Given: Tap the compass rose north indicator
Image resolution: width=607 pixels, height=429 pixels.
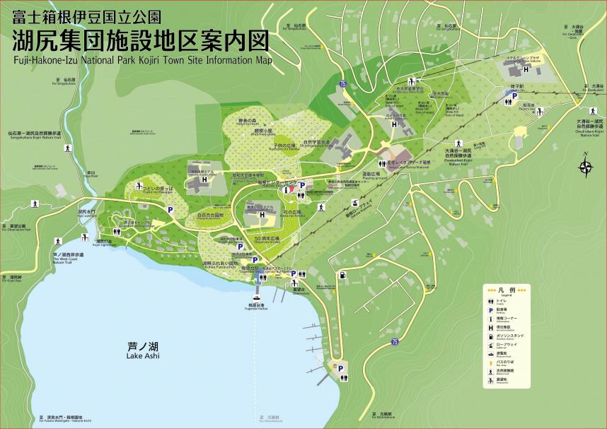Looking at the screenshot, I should (585, 167).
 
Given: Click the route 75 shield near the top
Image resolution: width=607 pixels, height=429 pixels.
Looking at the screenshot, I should (343, 84).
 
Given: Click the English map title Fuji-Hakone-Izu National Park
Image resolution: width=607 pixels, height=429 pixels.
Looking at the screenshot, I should (141, 59).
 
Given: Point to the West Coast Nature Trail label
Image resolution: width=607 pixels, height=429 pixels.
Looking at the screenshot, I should (68, 258).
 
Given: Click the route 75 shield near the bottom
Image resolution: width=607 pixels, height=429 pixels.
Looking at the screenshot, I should (394, 342).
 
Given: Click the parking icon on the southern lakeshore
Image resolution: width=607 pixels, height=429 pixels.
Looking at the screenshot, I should (340, 368).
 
